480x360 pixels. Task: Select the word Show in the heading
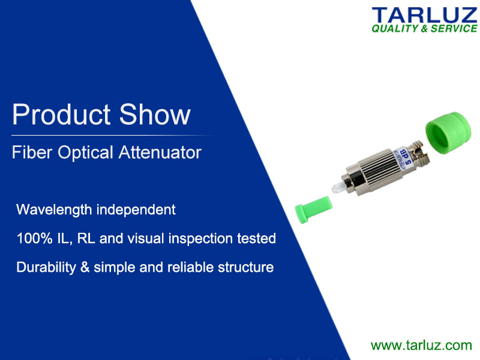coord(155,115)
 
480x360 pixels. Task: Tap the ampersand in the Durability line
coord(85,267)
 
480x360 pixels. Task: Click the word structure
coord(246,267)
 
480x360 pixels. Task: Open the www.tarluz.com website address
coord(421,345)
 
